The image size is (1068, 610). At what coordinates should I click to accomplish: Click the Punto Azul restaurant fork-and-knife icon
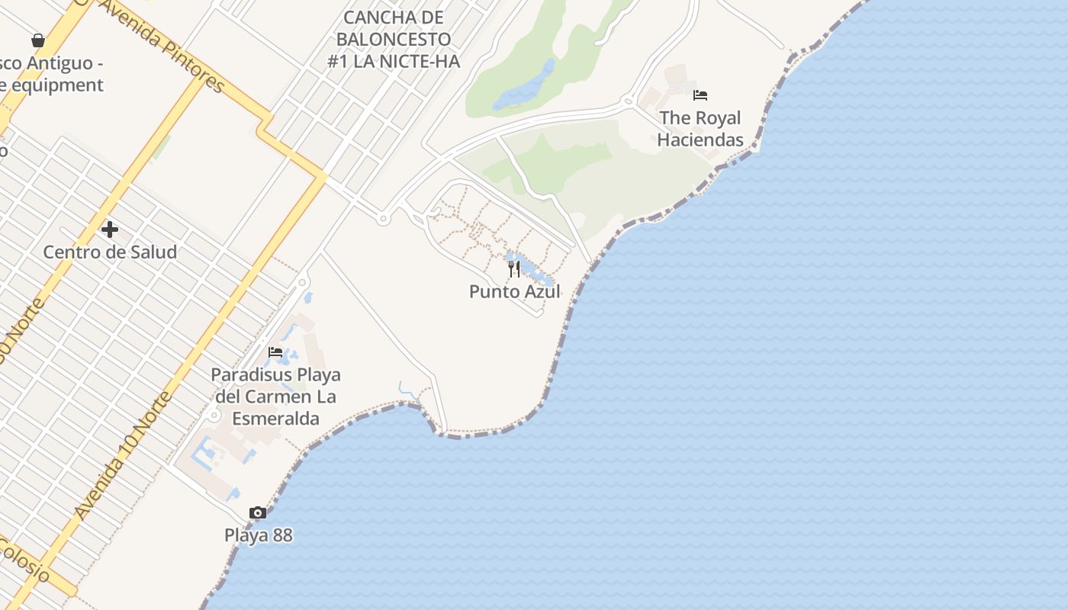pyautogui.click(x=514, y=269)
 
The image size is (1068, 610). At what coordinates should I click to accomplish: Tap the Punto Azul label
pyautogui.click(x=514, y=291)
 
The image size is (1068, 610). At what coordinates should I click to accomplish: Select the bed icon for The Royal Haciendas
pyautogui.click(x=700, y=95)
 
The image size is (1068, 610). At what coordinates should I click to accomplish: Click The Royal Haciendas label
pyautogui.click(x=700, y=129)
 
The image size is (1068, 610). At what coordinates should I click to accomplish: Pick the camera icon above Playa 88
pyautogui.click(x=258, y=512)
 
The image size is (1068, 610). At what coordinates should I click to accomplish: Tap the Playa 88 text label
pyautogui.click(x=258, y=535)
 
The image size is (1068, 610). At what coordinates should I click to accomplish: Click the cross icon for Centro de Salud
pyautogui.click(x=110, y=229)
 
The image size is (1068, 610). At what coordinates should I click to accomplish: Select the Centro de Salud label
pyautogui.click(x=110, y=252)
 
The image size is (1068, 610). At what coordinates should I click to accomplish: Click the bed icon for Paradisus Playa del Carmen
pyautogui.click(x=275, y=352)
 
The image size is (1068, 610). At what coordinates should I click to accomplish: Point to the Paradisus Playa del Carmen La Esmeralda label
pyautogui.click(x=275, y=396)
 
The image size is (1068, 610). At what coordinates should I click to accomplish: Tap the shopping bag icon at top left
pyautogui.click(x=38, y=40)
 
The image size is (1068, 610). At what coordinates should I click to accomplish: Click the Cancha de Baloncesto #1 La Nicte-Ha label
pyautogui.click(x=394, y=39)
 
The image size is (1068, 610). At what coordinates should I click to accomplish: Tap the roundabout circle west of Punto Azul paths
pyautogui.click(x=383, y=219)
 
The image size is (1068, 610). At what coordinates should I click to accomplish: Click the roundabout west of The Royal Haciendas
pyautogui.click(x=628, y=100)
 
